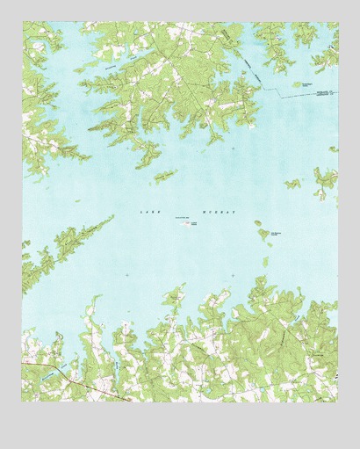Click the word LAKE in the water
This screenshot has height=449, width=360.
coord(147,212)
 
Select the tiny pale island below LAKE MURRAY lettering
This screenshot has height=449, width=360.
coord(189,225)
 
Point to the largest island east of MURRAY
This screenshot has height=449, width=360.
coord(263,234)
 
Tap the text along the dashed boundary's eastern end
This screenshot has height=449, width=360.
coord(320,91)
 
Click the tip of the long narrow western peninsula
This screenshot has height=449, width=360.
coord(112,217)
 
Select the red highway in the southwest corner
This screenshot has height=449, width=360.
coord(79,381)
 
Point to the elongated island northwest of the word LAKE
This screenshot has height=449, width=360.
coord(165,176)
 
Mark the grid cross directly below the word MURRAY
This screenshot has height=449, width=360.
coord(232,275)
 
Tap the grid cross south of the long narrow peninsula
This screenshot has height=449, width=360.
coord(126,275)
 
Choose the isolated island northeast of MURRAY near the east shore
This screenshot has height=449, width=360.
coord(292,184)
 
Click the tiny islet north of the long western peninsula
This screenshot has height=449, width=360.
coord(77,201)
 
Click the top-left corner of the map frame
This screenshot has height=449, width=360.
coord(22,23)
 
